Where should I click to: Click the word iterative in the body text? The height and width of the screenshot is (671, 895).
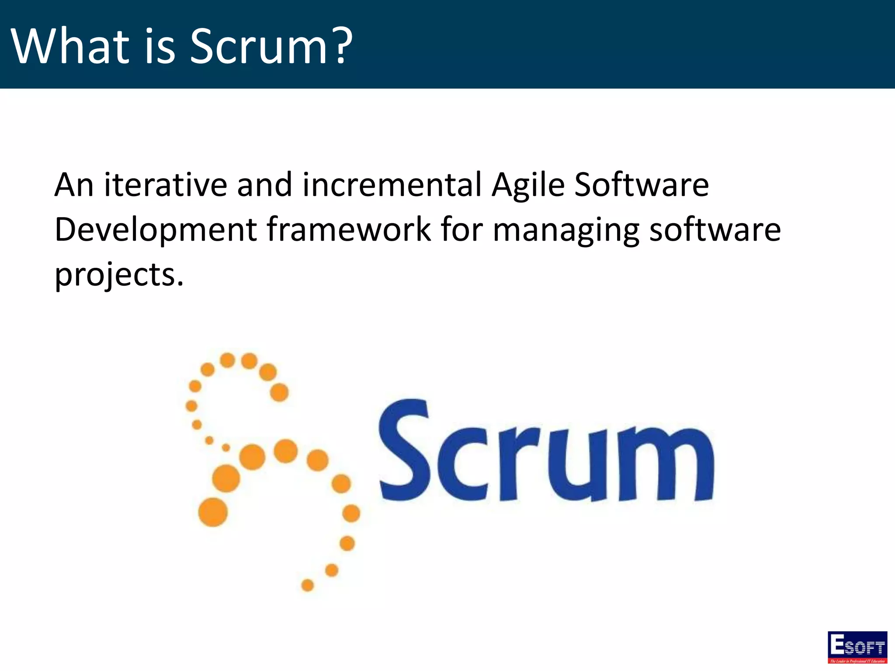[165, 185]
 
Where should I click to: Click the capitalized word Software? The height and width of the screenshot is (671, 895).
[642, 185]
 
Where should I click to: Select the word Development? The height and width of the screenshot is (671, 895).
[156, 230]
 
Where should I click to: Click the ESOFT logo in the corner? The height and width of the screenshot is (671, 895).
[857, 647]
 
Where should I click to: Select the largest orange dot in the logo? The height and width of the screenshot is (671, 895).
[213, 512]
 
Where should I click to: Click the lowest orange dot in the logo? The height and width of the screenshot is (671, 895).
[308, 585]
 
